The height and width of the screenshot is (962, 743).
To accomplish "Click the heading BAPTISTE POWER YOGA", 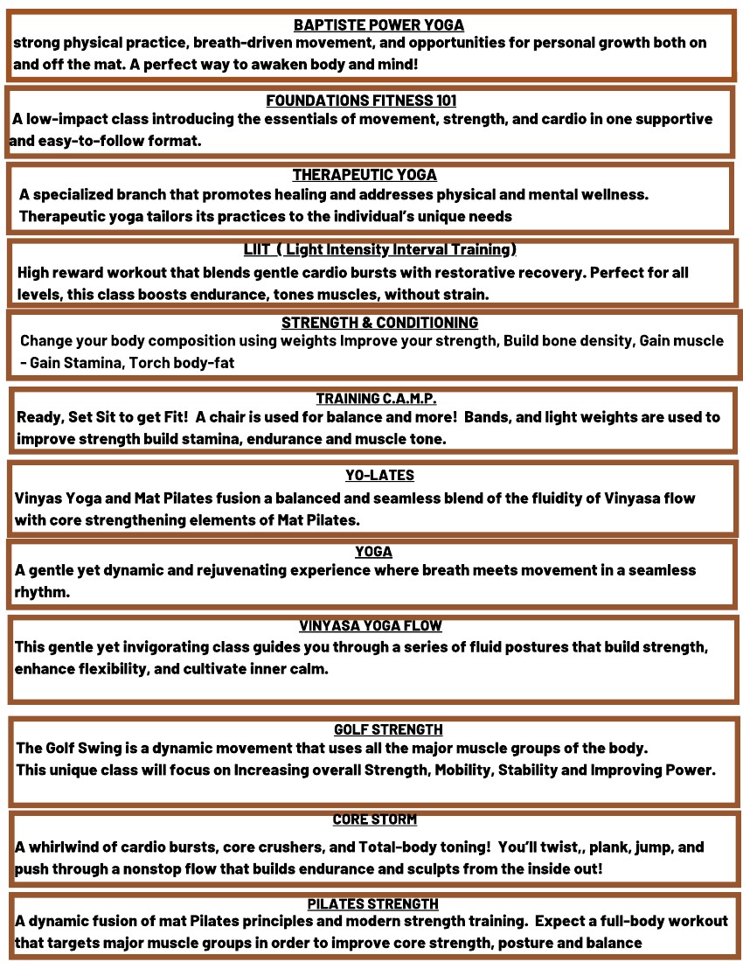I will click(x=378, y=25).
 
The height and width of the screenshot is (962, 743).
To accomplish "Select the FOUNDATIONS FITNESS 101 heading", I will click(x=361, y=101).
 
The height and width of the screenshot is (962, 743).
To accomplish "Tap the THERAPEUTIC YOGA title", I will click(x=365, y=175).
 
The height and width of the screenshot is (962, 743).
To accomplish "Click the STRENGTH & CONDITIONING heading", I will click(x=379, y=323).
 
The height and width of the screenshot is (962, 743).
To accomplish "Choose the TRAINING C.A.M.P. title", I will click(x=376, y=399).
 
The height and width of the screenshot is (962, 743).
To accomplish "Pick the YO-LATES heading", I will click(x=379, y=476).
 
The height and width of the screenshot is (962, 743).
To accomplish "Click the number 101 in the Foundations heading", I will click(x=443, y=101).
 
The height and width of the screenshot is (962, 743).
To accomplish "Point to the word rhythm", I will click(x=41, y=591).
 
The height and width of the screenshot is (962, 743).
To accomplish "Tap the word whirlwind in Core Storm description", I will click(x=68, y=847).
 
